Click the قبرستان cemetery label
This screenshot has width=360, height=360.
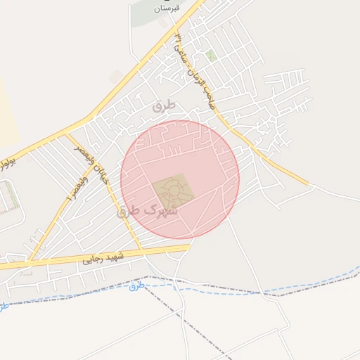167,8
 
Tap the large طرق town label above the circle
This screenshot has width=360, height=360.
162,105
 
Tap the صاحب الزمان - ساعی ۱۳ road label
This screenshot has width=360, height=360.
192,70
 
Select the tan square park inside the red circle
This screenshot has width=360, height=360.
172,190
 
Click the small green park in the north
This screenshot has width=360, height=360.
210,54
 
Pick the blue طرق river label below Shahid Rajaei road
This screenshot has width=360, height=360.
136,286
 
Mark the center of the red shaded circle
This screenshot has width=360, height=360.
179,180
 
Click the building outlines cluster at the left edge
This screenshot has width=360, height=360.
8,197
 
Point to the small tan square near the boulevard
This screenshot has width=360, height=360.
117,76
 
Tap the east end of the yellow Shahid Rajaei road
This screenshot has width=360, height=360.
188,247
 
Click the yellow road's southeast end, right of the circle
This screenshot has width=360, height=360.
307,185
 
